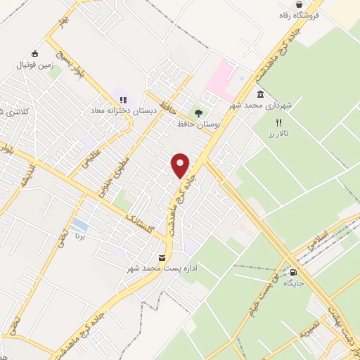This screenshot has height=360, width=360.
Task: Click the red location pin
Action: [181, 165]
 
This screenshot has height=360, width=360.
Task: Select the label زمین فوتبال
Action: [34, 65]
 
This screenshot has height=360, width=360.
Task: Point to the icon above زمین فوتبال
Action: [34, 53]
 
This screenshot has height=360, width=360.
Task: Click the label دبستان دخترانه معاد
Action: [121, 110]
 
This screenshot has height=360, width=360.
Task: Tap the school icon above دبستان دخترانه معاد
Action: [123, 100]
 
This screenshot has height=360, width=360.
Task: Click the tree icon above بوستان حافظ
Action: [199, 112]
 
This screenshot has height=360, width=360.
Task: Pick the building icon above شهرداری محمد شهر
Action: [260, 94]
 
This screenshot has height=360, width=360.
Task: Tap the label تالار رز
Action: [281, 133]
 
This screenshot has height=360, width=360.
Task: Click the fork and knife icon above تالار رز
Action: [279, 122]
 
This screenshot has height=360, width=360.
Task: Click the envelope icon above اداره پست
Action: [163, 258]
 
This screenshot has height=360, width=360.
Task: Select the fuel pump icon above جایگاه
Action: [293, 274]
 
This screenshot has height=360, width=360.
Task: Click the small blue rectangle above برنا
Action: [80, 225]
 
